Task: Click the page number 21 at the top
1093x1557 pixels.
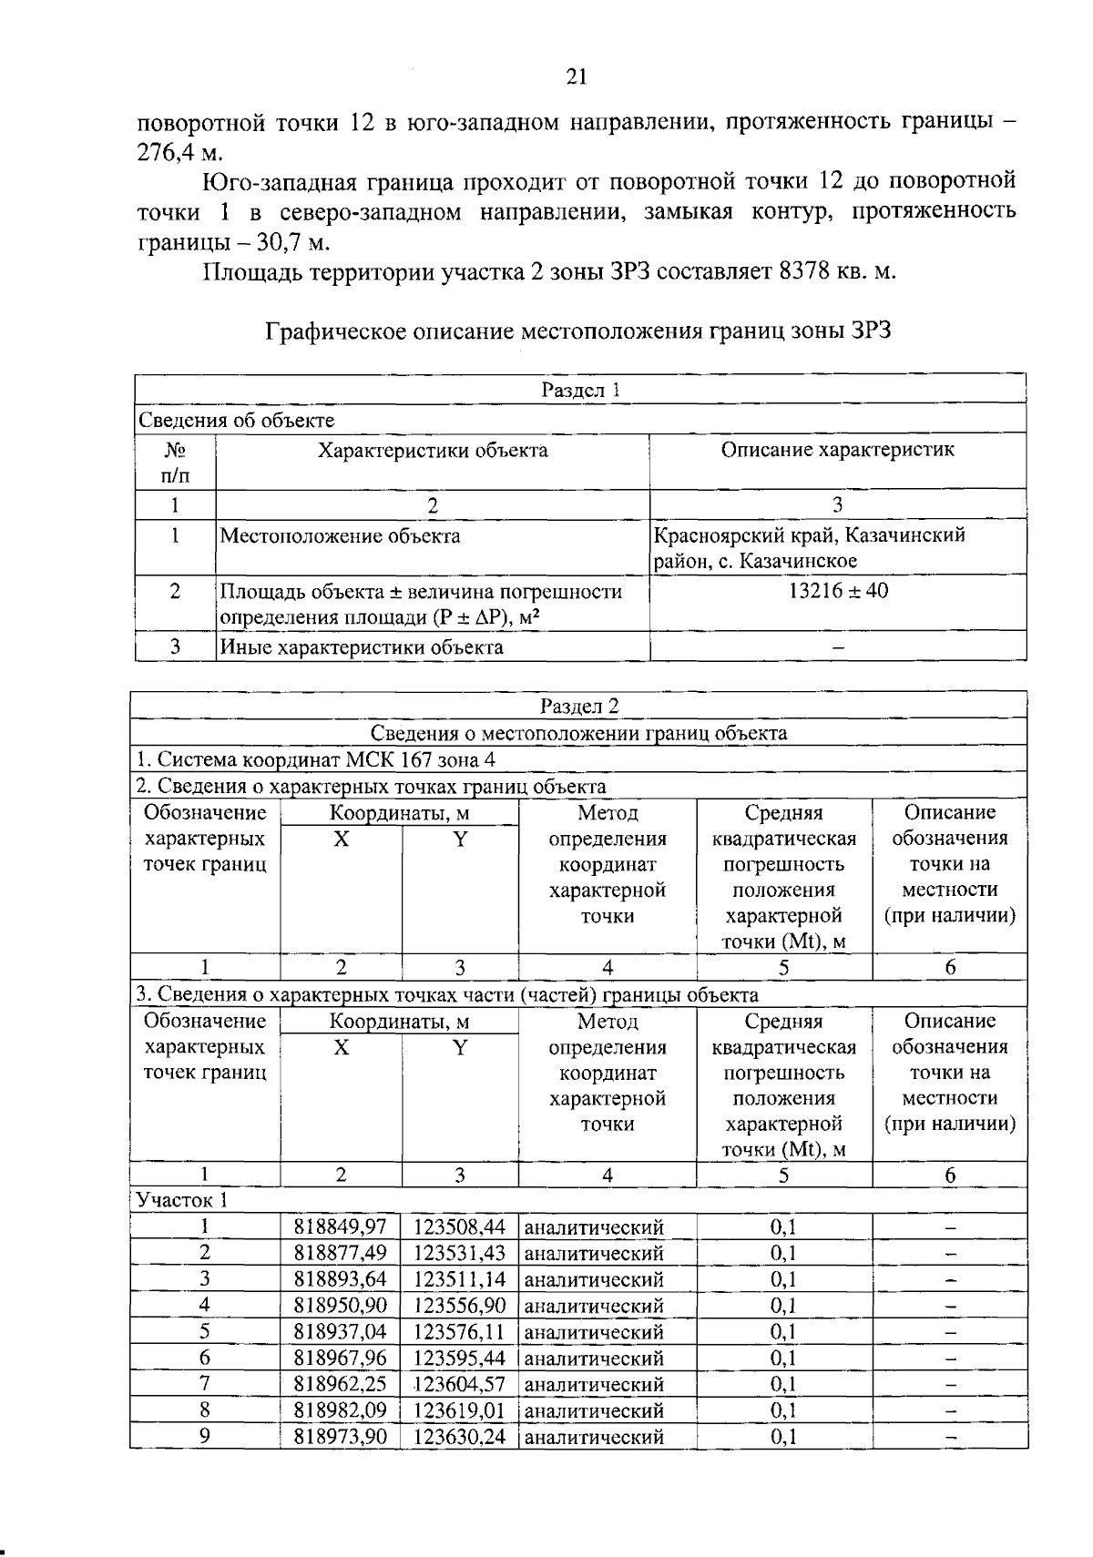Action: coord(577,77)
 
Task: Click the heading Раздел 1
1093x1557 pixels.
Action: coord(580,390)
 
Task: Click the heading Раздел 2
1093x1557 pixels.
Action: coord(579,706)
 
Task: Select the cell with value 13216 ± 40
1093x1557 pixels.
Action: coord(837,591)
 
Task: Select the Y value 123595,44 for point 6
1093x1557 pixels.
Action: coord(459,1359)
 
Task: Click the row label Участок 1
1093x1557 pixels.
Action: coord(181,1200)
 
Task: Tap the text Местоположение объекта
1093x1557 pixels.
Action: coord(340,536)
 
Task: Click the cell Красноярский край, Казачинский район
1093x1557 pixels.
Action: coord(808,547)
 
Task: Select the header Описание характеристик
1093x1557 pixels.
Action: coord(837,450)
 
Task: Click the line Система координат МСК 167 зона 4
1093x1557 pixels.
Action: coord(315,759)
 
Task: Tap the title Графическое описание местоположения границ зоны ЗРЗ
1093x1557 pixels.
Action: coord(577,331)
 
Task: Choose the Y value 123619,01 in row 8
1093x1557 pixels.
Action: coord(459,1410)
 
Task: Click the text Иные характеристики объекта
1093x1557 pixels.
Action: coord(362,647)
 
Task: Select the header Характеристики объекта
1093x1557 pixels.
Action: coord(432,450)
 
